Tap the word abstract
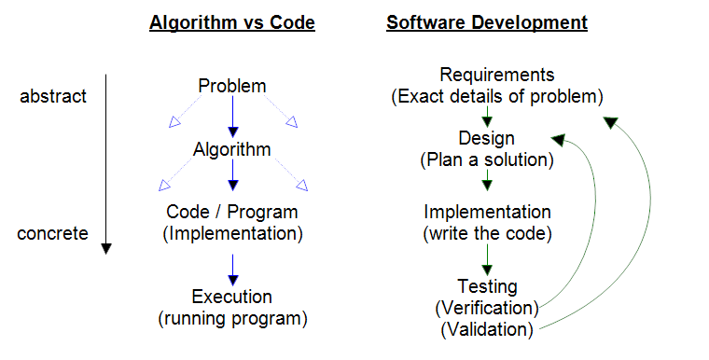(x=53, y=96)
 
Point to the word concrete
(x=52, y=233)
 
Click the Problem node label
(x=232, y=87)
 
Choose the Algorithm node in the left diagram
(x=232, y=149)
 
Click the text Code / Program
(x=232, y=212)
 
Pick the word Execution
(x=232, y=298)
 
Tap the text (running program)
(x=232, y=319)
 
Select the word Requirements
(x=497, y=75)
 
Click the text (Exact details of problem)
(x=497, y=96)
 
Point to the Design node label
(x=487, y=138)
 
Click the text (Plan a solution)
(x=487, y=159)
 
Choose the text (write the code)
(x=487, y=232)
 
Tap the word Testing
(x=487, y=286)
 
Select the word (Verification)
(x=487, y=308)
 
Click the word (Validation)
(x=487, y=329)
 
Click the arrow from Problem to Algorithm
(x=232, y=118)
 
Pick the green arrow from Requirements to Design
(x=487, y=117)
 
